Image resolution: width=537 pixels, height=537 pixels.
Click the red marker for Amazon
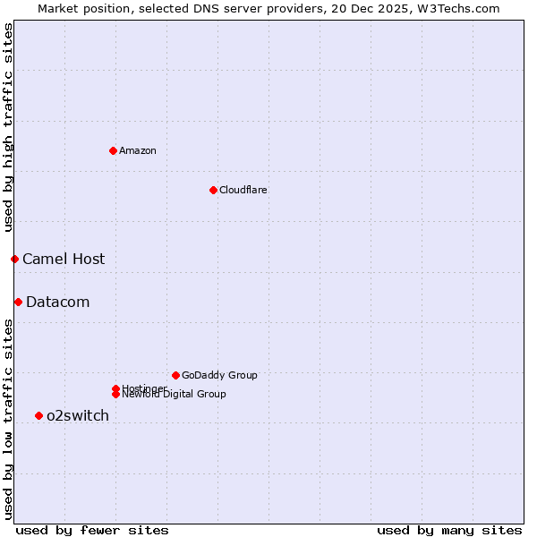pyautogui.click(x=113, y=150)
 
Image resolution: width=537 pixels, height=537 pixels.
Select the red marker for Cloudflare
pyautogui.click(x=213, y=190)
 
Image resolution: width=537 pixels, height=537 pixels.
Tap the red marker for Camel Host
pyautogui.click(x=14, y=259)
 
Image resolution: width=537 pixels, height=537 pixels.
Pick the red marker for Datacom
pyautogui.click(x=18, y=302)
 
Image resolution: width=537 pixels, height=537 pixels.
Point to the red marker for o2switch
pyautogui.click(x=38, y=415)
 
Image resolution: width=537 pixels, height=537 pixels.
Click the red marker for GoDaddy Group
pyautogui.click(x=175, y=375)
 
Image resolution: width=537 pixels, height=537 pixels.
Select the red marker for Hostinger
pyautogui.click(x=115, y=388)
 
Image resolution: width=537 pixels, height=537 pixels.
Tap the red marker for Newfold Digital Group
pyautogui.click(x=115, y=395)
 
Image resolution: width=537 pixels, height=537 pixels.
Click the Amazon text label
pyautogui.click(x=138, y=150)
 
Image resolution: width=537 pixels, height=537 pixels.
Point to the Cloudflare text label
pyautogui.click(x=243, y=190)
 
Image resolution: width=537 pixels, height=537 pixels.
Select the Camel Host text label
pyautogui.click(x=64, y=259)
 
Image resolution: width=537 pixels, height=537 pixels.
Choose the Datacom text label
pyautogui.click(x=58, y=302)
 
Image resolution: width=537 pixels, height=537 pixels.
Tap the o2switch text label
pyautogui.click(x=78, y=415)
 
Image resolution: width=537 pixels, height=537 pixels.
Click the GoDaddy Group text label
pyautogui.click(x=219, y=375)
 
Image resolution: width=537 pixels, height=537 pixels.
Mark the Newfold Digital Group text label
pyautogui.click(x=175, y=395)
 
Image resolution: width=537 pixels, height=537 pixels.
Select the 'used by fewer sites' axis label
pyautogui.click(x=92, y=530)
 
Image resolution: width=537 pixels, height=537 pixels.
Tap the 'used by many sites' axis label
pyautogui.click(x=449, y=530)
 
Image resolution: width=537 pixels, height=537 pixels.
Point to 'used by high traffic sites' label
pyautogui.click(x=8, y=127)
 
